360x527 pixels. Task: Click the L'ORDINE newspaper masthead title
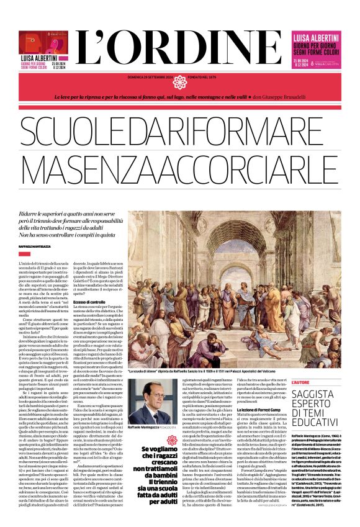point(180,47)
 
